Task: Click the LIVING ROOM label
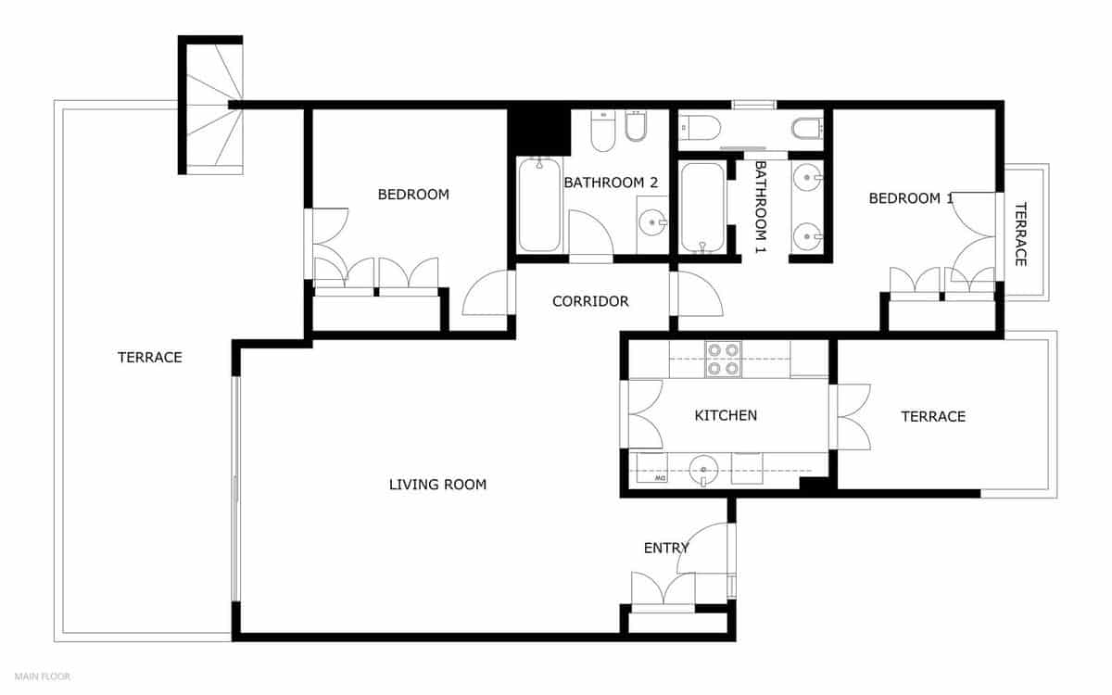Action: click(437, 485)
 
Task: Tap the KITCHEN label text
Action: click(726, 416)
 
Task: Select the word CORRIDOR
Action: click(590, 301)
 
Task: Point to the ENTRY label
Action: click(666, 549)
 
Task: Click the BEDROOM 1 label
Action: click(910, 198)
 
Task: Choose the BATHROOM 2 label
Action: click(611, 183)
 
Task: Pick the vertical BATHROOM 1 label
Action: click(760, 208)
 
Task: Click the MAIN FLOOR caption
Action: click(43, 676)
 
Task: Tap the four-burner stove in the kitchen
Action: click(723, 360)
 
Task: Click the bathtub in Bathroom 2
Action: click(539, 205)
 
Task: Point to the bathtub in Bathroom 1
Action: click(701, 208)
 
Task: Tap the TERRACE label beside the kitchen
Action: click(933, 417)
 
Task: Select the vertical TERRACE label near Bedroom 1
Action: click(1020, 234)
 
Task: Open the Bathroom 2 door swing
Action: click(588, 234)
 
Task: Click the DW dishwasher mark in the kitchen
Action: click(661, 479)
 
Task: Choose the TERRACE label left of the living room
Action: click(150, 357)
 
